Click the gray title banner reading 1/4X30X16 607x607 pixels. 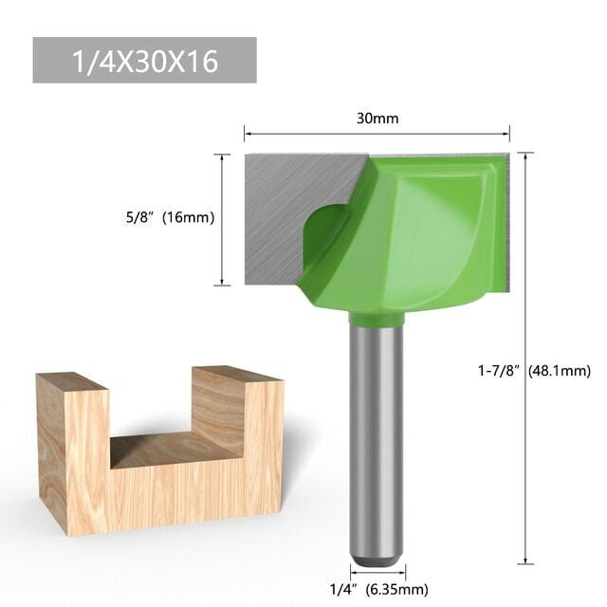click(144, 61)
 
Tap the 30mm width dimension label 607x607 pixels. click(377, 119)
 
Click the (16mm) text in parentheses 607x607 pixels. click(188, 218)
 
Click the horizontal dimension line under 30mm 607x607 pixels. click(377, 135)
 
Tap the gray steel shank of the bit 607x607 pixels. click(377, 436)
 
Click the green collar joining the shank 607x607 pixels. click(377, 319)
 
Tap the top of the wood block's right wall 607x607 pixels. click(237, 374)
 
